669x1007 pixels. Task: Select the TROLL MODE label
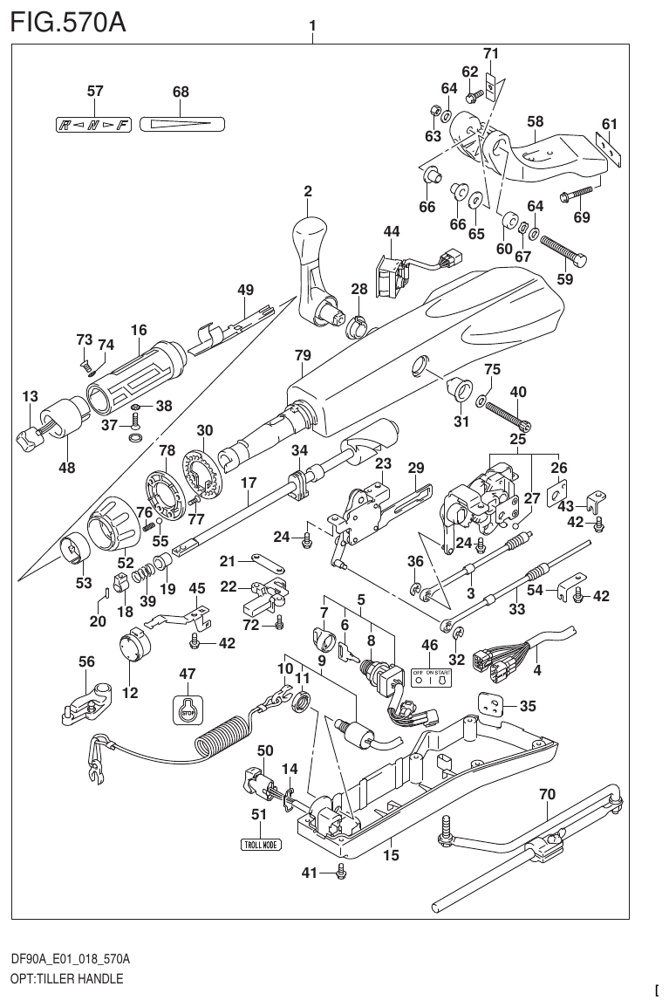tap(261, 844)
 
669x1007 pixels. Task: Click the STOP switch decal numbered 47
tap(187, 709)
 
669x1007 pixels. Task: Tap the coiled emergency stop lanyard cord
tap(223, 733)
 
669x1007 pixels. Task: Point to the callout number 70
tap(547, 795)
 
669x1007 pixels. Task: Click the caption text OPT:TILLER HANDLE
tap(67, 978)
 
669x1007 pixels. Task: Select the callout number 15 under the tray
tap(391, 855)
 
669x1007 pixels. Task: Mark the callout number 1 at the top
tap(312, 26)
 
